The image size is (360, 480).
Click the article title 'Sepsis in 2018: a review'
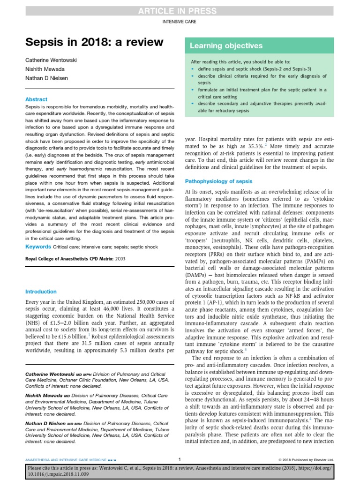coord(94,43)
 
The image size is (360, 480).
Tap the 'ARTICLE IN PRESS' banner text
coord(180,11)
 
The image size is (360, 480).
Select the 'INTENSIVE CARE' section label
coord(180,22)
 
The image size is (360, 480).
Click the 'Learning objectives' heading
coord(226,46)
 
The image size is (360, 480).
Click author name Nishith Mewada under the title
coord(45,70)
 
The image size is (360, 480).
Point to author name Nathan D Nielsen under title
coord(47,79)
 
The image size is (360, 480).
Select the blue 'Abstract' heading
coord(36,99)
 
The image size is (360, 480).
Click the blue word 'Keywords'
coord(38,247)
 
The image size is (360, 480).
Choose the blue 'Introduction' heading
coord(41,292)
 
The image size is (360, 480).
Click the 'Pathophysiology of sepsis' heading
coord(218,181)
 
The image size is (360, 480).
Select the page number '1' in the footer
coord(180,459)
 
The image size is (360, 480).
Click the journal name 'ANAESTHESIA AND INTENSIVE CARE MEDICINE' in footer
coord(66,459)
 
